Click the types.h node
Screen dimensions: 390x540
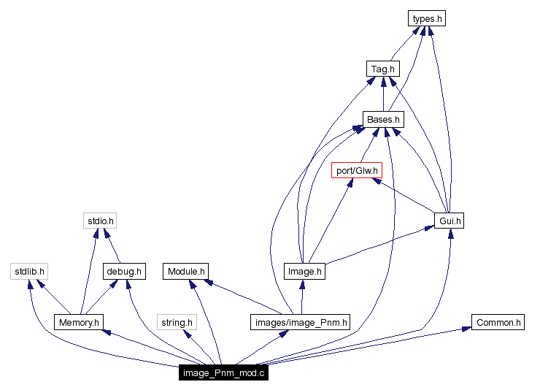[426, 18]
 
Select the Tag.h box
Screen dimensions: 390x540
[382, 69]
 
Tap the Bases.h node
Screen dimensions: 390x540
[383, 119]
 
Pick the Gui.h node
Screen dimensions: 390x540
[449, 220]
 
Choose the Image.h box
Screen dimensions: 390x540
[304, 271]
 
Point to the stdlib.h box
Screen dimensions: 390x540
[29, 271]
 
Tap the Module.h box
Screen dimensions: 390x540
[188, 271]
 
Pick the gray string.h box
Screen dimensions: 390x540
[177, 321]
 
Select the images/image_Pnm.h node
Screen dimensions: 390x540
[301, 321]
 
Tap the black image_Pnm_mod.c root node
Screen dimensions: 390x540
[225, 372]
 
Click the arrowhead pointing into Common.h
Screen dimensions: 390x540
[466, 329]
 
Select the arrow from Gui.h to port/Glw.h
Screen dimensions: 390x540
[409, 196]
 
